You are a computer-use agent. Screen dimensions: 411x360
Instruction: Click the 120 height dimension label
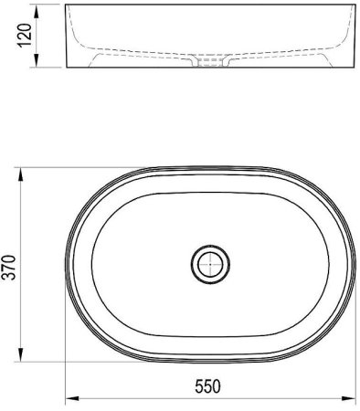pyautogui.click(x=26, y=37)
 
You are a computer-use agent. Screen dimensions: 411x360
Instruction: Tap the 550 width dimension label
pyautogui.click(x=212, y=387)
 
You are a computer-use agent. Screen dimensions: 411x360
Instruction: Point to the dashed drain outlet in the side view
pyautogui.click(x=212, y=65)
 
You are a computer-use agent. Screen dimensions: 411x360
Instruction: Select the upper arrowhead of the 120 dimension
pyautogui.click(x=37, y=10)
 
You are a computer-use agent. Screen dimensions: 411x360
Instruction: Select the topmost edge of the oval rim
pyautogui.click(x=212, y=168)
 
